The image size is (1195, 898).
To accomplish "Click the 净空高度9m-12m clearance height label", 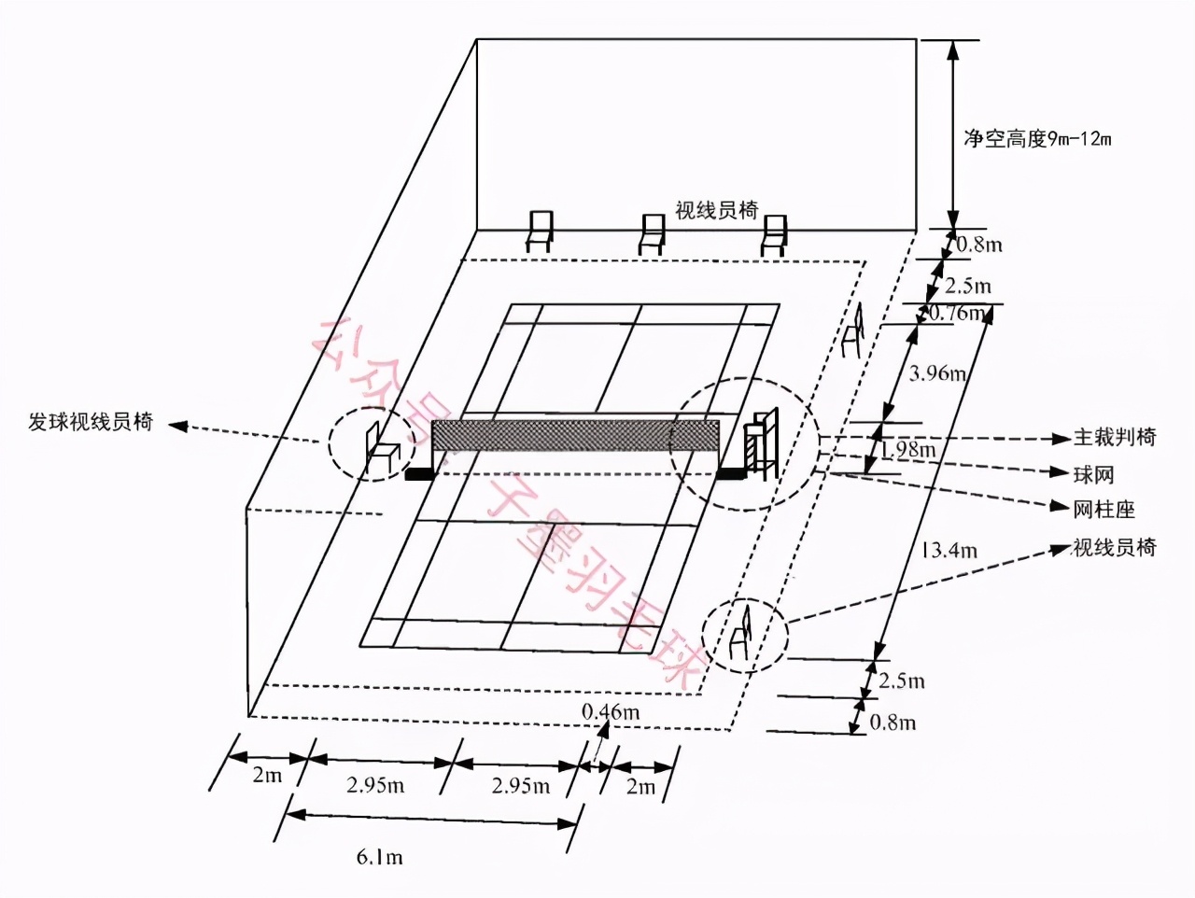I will [1037, 140].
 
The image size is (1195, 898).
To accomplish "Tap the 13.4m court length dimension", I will [949, 551].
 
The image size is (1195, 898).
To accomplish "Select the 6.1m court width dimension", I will [379, 857].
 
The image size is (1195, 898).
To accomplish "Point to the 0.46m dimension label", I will [611, 712].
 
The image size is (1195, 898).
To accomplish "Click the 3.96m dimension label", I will [937, 373].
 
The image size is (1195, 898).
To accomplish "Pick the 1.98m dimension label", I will [907, 450].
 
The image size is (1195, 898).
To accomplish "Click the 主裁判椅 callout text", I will [1114, 437].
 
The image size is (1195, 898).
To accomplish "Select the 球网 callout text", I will [1093, 474].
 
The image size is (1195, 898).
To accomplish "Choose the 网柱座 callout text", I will [1104, 510].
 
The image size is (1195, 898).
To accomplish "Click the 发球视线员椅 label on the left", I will [91, 422].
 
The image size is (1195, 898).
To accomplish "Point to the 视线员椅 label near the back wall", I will [716, 210].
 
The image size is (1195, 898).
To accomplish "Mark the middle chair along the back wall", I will [652, 233].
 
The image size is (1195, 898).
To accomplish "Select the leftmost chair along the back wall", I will [540, 232].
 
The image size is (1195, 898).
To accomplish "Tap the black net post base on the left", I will [420, 474].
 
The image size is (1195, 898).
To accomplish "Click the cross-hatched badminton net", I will [574, 435].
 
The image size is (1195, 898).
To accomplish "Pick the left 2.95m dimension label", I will [375, 785].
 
